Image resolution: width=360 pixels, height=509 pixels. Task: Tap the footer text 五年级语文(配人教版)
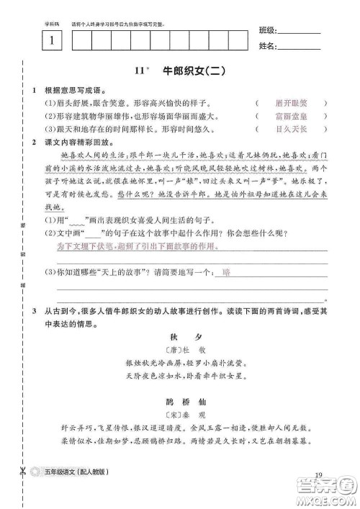pyautogui.click(x=80, y=472)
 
